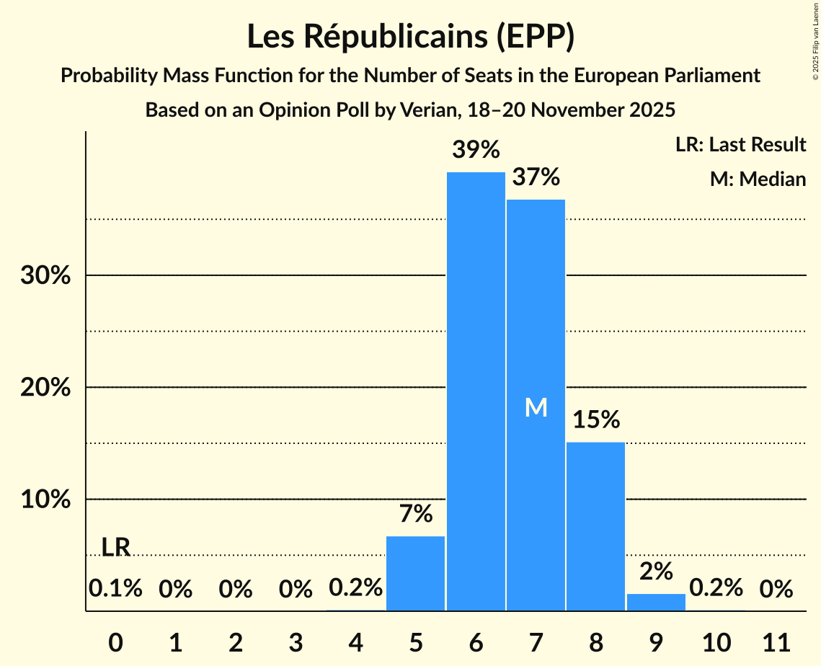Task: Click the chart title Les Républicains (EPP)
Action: click(x=410, y=37)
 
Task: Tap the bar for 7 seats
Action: click(x=536, y=432)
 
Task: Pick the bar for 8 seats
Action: click(x=595, y=526)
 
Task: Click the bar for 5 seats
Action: click(x=416, y=573)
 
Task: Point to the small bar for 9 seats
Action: click(x=656, y=603)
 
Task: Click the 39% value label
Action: click(x=476, y=150)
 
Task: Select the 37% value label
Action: click(x=536, y=177)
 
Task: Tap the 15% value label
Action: click(x=595, y=419)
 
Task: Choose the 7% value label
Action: click(x=416, y=514)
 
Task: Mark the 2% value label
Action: click(x=656, y=572)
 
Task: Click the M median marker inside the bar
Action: click(x=536, y=408)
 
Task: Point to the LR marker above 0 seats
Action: click(x=115, y=548)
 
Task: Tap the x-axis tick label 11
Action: click(x=776, y=640)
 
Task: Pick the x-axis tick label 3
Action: click(x=296, y=640)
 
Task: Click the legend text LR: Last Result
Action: click(x=740, y=145)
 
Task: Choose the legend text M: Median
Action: click(x=758, y=179)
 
